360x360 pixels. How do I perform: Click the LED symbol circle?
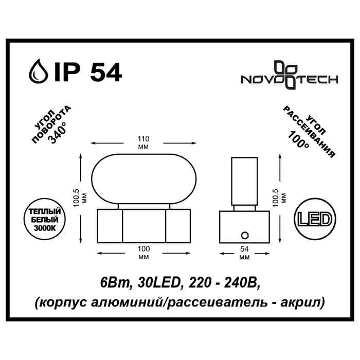[314, 220]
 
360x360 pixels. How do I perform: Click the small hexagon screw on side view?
[244, 236]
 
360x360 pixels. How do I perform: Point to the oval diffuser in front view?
[144, 178]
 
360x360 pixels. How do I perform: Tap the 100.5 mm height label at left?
[77, 195]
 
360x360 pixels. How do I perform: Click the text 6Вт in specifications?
[111, 282]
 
